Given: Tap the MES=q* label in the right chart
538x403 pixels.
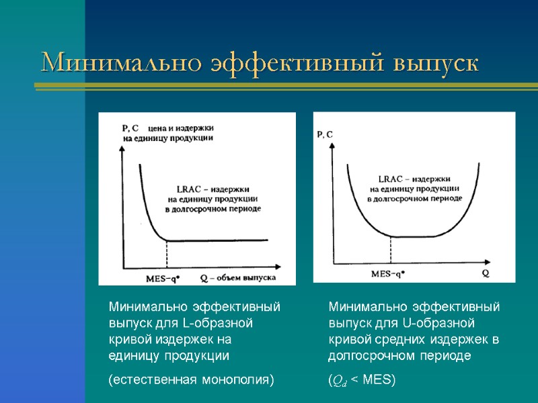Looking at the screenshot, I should coord(388,273).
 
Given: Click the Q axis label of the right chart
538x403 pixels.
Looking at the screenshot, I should coord(485,273).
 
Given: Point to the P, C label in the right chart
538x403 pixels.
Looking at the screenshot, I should coord(325,134).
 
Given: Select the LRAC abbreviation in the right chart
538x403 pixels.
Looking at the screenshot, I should coord(391,179).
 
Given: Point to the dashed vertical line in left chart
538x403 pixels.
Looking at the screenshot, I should coord(166,255).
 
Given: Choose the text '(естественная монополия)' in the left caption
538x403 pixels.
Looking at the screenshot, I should coord(192,380).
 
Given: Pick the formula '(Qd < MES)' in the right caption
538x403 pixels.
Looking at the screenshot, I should coord(362,381).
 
